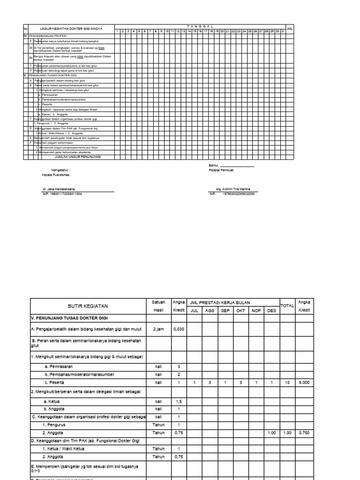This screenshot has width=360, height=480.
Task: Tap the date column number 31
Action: [283, 31]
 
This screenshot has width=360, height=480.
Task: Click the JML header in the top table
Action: [290, 29]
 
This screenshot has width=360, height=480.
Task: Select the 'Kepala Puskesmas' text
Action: [55, 174]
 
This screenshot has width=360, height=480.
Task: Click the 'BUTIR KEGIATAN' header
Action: [88, 306]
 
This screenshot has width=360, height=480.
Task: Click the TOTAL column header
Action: [287, 306]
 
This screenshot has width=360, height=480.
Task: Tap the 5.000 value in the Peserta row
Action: [303, 383]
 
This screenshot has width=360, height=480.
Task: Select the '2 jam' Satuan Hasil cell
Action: [158, 329]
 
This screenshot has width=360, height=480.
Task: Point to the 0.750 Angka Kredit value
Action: [303, 433]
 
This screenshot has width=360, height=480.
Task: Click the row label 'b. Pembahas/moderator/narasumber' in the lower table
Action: [80, 375]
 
